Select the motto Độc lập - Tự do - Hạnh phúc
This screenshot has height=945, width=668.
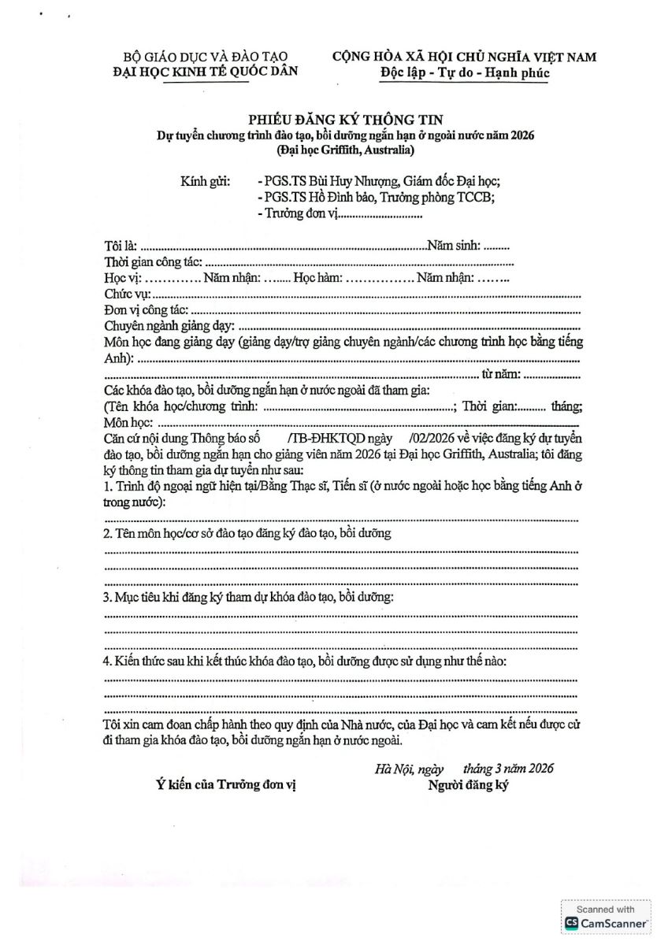click(x=464, y=73)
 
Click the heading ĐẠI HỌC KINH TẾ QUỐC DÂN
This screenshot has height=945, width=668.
click(x=206, y=72)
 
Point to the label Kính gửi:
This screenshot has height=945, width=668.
click(x=205, y=181)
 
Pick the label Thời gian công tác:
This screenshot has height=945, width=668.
click(x=154, y=261)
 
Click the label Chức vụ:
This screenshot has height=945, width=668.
click(x=127, y=294)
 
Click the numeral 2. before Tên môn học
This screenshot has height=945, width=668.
click(x=109, y=534)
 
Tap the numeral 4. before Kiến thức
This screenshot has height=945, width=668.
click(x=109, y=661)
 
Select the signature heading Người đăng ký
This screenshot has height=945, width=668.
click(x=469, y=786)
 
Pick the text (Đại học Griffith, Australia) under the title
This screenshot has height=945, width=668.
click(x=344, y=149)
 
